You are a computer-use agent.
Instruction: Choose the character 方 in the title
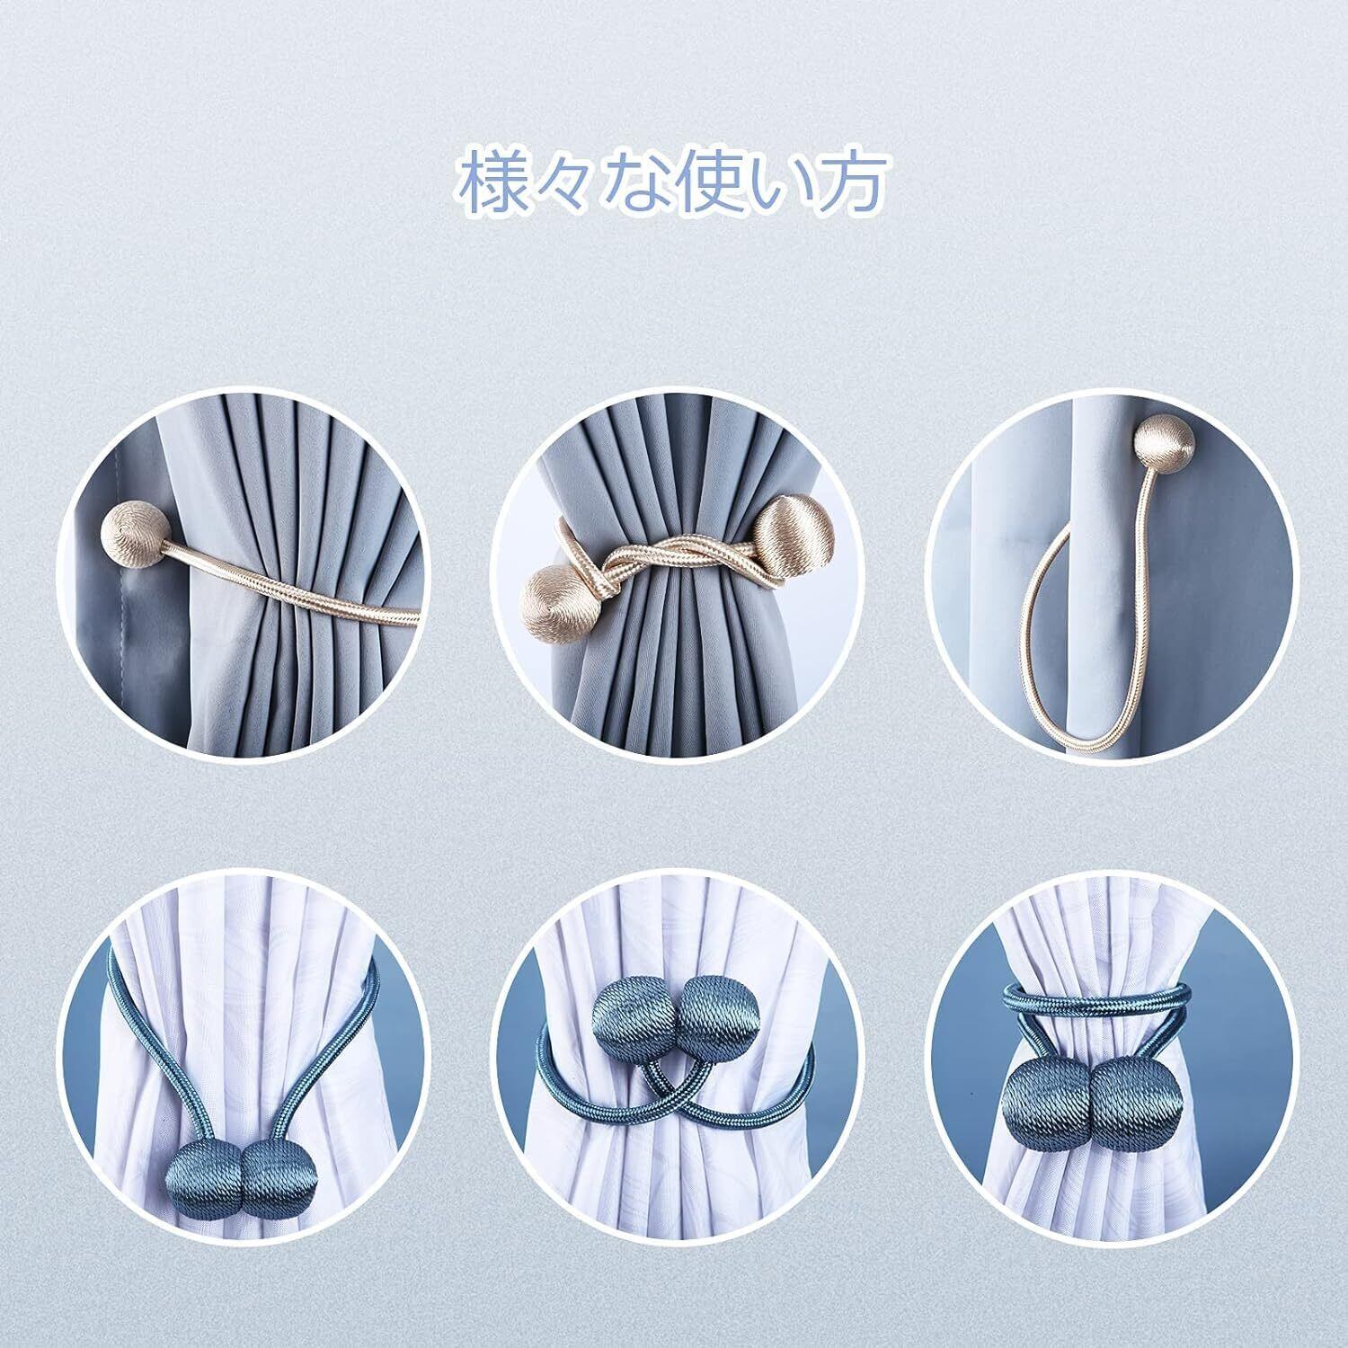850,182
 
